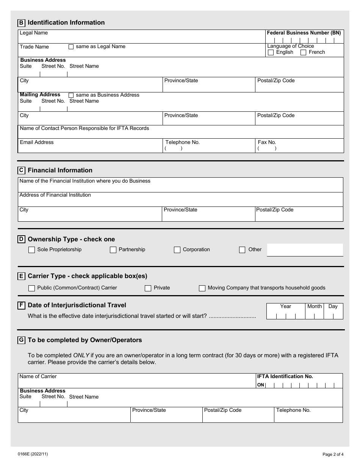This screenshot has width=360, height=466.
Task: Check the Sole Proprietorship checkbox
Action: coord(31,250)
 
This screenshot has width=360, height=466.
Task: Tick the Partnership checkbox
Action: coord(113,250)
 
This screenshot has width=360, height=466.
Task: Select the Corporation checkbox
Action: coord(177,250)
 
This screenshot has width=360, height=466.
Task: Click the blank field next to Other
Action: coord(305,250)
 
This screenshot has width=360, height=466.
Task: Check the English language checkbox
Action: coord(271,53)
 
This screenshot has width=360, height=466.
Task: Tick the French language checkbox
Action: coord(303,53)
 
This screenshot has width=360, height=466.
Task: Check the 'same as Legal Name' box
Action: coord(71,47)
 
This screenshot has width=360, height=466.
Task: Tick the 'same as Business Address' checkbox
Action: coord(71,95)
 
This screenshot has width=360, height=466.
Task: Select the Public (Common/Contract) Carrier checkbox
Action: coord(31,288)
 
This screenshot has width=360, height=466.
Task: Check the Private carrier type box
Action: coord(148,288)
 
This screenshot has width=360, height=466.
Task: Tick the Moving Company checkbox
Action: coord(202,288)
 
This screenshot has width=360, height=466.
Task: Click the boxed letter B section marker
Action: coord(21,23)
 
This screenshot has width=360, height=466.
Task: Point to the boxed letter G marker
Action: coord(21,340)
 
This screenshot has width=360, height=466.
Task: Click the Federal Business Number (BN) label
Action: coord(304,33)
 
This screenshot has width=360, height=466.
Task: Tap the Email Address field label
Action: coord(37,142)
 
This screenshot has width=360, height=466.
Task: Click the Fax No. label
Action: coord(267,142)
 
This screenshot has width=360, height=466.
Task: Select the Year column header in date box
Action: coord(286,306)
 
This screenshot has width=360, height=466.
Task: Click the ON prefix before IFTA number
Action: coord(261,385)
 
